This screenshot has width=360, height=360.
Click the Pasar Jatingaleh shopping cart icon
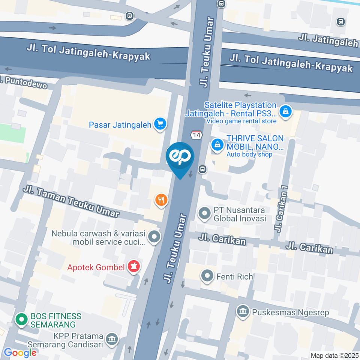pyautogui.click(x=160, y=124)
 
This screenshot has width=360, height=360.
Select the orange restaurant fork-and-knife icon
pyautogui.click(x=161, y=200)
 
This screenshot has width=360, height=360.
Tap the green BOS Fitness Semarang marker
pyautogui.click(x=21, y=320)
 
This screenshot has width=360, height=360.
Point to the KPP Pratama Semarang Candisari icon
pyautogui.click(x=112, y=339)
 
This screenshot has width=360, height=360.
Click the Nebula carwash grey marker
pyautogui.click(x=154, y=237)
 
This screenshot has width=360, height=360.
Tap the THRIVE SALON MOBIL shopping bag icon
pyautogui.click(x=217, y=144)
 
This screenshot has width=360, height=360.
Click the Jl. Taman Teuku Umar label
pyautogui.click(x=71, y=202)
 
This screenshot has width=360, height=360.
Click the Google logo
pyautogui.click(x=20, y=352)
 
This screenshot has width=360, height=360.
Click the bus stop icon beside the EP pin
pyautogui.click(x=202, y=169)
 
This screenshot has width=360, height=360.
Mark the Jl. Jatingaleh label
pyautogui.click(x=328, y=40)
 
